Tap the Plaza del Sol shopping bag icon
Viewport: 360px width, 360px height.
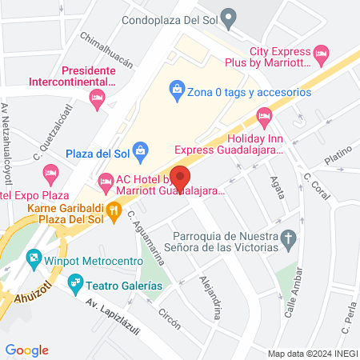(x=140, y=150)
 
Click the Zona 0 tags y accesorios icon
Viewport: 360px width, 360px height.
(x=176, y=92)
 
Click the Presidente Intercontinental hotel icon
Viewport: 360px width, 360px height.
(x=98, y=99)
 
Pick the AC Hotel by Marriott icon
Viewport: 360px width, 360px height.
(x=105, y=184)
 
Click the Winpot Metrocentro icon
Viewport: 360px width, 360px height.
(x=33, y=258)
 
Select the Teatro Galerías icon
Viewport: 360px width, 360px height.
(x=75, y=282)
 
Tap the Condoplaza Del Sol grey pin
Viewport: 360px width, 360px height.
(x=229, y=15)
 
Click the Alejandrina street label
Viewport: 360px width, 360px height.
(x=211, y=289)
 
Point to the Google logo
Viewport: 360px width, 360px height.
(x=27, y=350)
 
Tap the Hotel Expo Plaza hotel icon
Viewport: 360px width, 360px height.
(x=50, y=172)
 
